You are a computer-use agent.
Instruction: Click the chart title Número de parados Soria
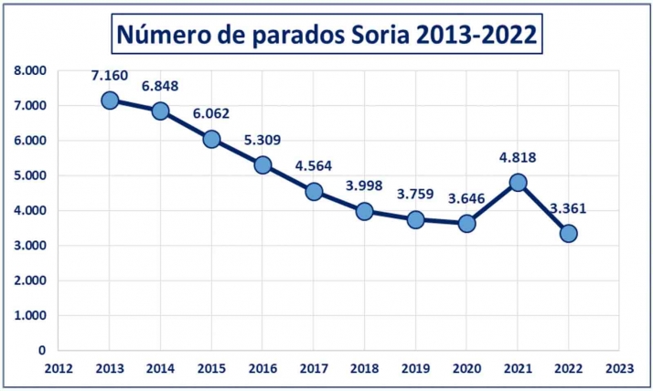pyautogui.click(x=326, y=35)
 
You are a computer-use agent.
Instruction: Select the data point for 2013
pyautogui.click(x=110, y=100)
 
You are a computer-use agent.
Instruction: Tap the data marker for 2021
pyautogui.click(x=518, y=182)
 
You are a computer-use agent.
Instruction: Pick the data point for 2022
pyautogui.click(x=569, y=233)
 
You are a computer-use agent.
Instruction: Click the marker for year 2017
pyautogui.click(x=314, y=192)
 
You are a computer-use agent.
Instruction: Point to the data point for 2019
pyautogui.click(x=416, y=219)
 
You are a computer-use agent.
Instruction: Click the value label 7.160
pyautogui.click(x=109, y=75)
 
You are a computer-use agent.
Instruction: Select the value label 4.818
pyautogui.click(x=518, y=157)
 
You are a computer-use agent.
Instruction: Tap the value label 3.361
pyautogui.click(x=569, y=207)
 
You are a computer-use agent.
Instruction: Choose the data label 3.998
pyautogui.click(x=365, y=186)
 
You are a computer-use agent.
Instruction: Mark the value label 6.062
pyautogui.click(x=211, y=114)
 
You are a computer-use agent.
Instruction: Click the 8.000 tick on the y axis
pyautogui.click(x=30, y=70)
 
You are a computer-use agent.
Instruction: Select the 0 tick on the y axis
pyautogui.click(x=41, y=350)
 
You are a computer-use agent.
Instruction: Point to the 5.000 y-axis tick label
pyautogui.click(x=30, y=175)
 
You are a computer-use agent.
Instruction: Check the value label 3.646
pyautogui.click(x=466, y=197)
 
